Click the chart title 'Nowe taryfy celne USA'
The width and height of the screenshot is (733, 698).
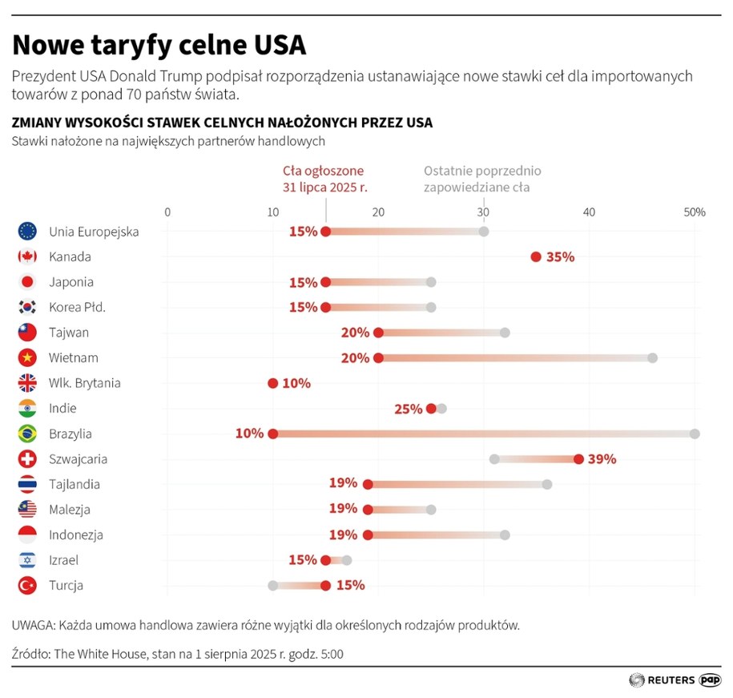click(159, 45)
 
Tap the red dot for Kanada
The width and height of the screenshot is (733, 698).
click(536, 257)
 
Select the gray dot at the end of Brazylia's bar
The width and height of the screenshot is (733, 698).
click(695, 434)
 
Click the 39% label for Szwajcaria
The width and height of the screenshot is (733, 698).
click(602, 459)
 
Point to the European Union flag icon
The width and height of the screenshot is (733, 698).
click(27, 232)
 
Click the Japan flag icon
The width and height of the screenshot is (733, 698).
click(27, 282)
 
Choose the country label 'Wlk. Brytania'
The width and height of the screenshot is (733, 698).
click(85, 383)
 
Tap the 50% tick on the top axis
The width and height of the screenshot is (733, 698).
click(694, 212)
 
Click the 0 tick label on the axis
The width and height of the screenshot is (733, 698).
click(167, 212)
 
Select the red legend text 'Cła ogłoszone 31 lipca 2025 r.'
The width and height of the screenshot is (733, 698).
click(323, 179)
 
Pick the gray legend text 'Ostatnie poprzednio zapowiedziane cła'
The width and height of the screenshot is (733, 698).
click(482, 179)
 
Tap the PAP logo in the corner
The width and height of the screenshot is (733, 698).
click(710, 680)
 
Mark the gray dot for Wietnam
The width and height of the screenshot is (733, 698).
click(652, 358)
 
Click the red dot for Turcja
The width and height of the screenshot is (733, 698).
click(325, 586)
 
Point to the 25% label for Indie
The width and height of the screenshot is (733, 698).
click(408, 409)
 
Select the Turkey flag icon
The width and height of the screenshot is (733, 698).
click(27, 586)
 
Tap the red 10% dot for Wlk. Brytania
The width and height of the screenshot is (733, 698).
click(272, 383)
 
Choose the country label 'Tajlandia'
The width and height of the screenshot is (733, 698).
click(75, 484)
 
